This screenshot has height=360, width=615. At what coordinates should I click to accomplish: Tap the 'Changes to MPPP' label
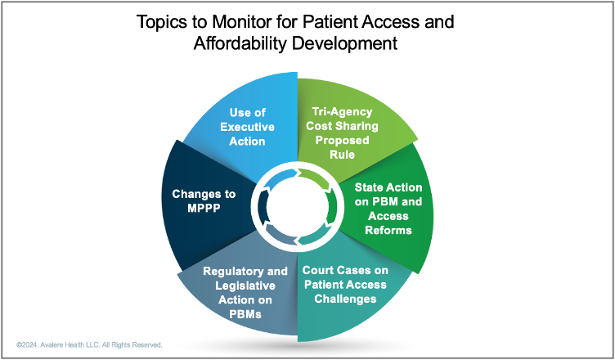pos(204,200)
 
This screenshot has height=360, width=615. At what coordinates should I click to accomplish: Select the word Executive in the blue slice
pos(247,127)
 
